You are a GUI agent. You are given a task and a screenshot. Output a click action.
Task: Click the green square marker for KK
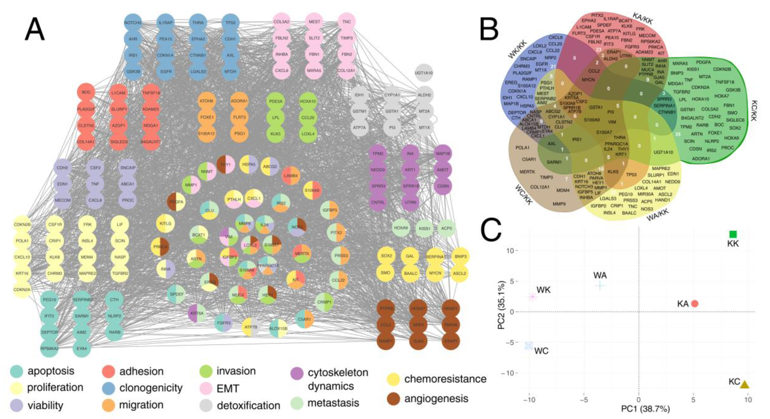click(733, 234)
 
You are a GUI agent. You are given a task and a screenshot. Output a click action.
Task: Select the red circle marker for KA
click(695, 304)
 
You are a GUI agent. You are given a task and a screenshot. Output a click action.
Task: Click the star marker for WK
click(532, 297)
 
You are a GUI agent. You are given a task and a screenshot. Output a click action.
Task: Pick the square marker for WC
click(529, 346)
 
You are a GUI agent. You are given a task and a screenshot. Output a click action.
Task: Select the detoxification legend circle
click(206, 406)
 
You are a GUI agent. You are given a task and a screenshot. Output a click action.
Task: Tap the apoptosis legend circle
click(17, 371)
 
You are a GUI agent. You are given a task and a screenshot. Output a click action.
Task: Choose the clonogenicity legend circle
click(109, 388)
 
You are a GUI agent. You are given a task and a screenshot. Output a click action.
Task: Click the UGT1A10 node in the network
click(424, 73)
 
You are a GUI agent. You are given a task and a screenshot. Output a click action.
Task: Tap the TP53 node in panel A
click(230, 22)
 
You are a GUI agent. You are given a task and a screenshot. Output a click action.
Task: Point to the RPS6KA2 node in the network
click(49, 348)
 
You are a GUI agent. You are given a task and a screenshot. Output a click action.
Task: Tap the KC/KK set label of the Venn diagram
click(753, 111)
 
